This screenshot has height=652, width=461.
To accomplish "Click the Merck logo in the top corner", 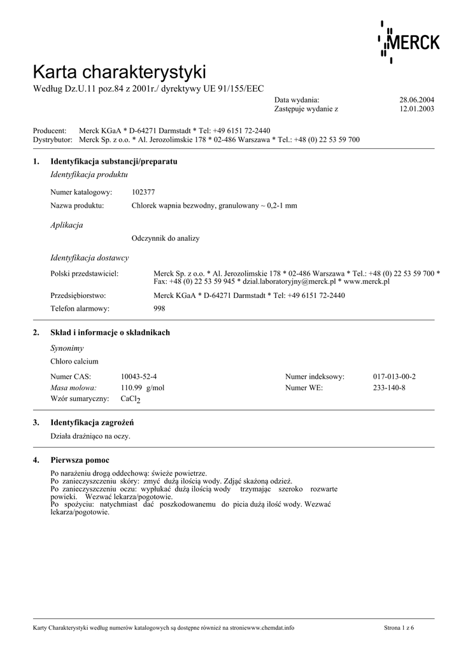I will click(x=409, y=42).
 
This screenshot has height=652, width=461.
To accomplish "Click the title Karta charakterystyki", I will click(x=119, y=71).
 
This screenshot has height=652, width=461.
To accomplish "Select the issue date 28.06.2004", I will click(x=416, y=100).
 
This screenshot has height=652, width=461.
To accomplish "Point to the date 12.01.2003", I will click(x=416, y=109).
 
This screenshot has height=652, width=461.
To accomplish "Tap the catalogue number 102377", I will click(x=143, y=192).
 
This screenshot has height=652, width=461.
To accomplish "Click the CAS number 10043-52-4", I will click(x=139, y=376).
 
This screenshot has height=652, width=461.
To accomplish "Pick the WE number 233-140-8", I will click(x=389, y=387).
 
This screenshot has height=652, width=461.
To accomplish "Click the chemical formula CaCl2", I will click(x=131, y=399).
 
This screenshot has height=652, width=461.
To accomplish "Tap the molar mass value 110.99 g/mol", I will click(x=143, y=387).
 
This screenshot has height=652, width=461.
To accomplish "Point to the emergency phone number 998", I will click(x=159, y=308).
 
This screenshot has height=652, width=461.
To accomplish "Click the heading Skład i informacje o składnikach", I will click(x=110, y=332).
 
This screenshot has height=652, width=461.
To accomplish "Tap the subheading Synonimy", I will click(x=67, y=348).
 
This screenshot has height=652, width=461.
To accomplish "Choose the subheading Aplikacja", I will click(x=66, y=225).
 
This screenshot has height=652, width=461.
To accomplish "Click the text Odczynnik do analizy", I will click(x=166, y=238).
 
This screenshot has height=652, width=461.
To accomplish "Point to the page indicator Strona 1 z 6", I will click(x=399, y=628).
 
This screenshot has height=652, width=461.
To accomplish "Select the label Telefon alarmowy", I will click(x=80, y=308).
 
